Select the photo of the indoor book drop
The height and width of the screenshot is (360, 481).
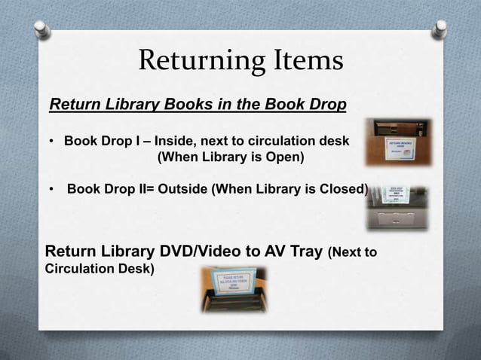[398, 142]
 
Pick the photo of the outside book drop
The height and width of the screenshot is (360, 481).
[397, 208]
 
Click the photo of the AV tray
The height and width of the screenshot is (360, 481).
[233, 290]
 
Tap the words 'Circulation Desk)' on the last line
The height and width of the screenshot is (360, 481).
[100, 269]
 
